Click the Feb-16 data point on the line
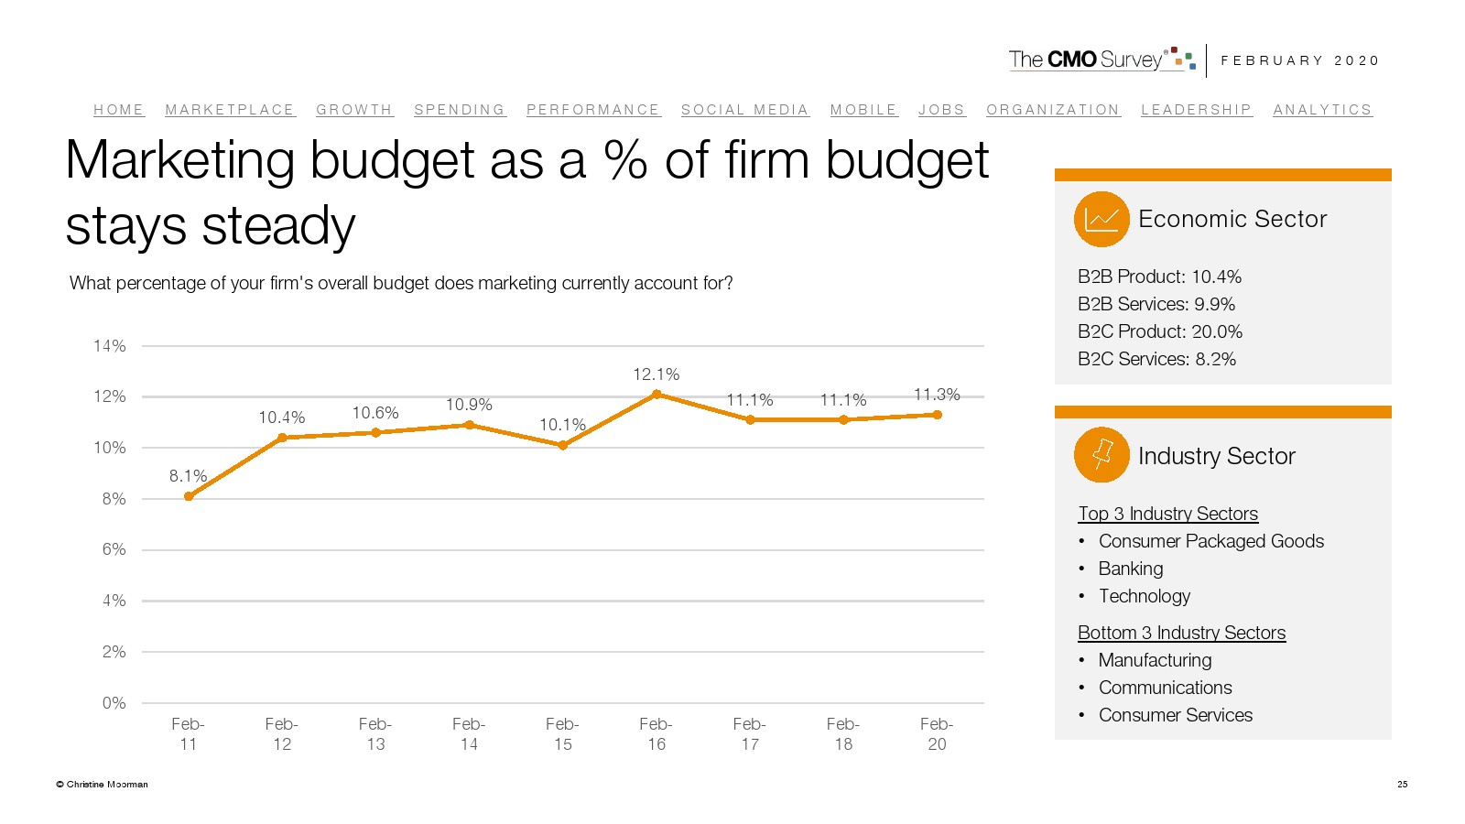[x=657, y=395]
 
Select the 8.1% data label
[x=188, y=476]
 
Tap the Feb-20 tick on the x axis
[x=937, y=734]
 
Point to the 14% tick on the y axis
[x=110, y=346]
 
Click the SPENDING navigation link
[x=460, y=110]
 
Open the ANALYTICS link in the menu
[x=1322, y=110]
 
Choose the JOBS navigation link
[x=941, y=110]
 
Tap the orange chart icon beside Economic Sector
[x=1101, y=219]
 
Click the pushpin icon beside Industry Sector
[x=1101, y=455]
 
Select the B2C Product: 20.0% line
[x=1160, y=331]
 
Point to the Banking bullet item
[x=1131, y=569]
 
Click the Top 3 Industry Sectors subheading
[x=1167, y=514]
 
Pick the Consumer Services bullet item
[x=1176, y=715]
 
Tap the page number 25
[x=1402, y=785]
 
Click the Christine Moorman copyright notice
[x=102, y=785]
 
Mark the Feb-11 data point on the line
[x=189, y=496]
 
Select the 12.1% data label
[x=656, y=374]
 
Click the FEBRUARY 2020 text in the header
[x=1299, y=60]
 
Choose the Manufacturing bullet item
[x=1155, y=660]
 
